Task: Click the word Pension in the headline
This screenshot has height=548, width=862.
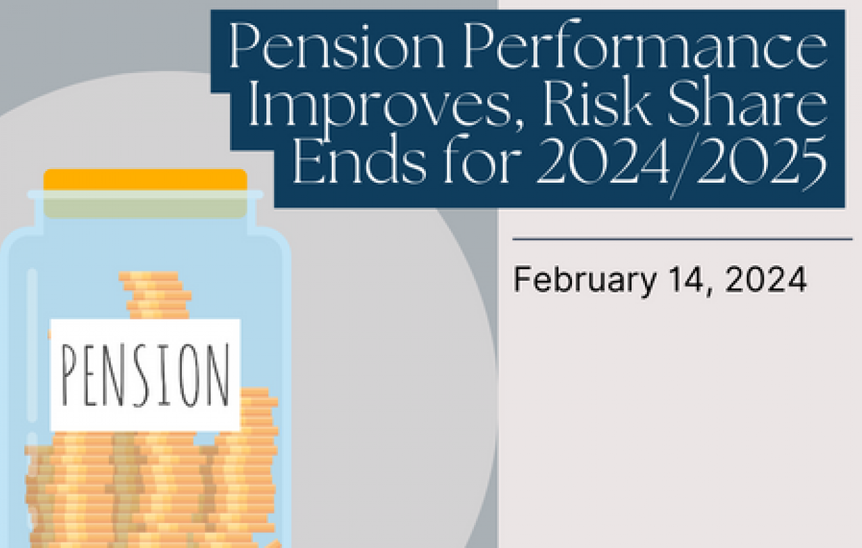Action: tap(337, 45)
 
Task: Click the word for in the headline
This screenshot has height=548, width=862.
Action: tap(483, 159)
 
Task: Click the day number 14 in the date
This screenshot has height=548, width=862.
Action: tap(686, 279)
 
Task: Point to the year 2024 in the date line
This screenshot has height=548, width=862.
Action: tap(766, 279)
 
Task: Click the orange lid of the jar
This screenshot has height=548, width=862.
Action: tap(145, 179)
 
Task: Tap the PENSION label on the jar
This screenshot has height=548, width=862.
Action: tap(145, 375)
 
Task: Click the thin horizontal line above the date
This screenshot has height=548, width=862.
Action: tap(683, 239)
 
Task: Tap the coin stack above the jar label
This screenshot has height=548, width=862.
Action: tap(156, 296)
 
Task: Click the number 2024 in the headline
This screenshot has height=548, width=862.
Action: tap(603, 161)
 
